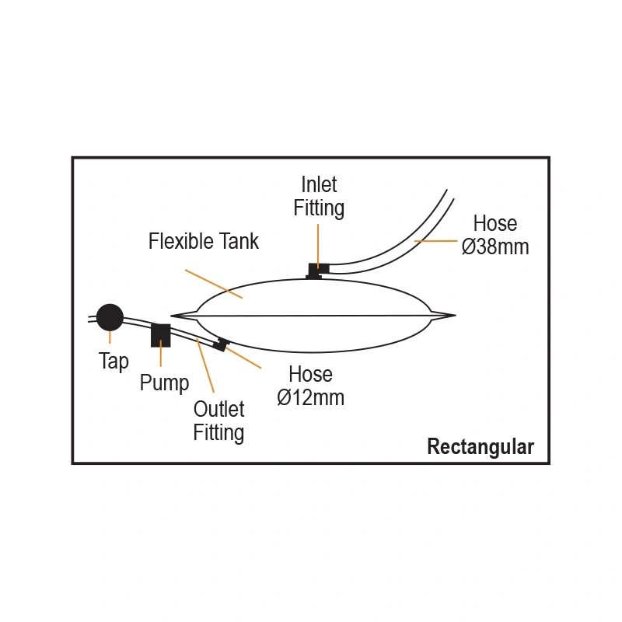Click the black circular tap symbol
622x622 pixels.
(110, 316)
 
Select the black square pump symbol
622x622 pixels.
(160, 334)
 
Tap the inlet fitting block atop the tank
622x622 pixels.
(316, 270)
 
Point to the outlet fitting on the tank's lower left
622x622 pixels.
(222, 344)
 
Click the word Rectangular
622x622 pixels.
(480, 447)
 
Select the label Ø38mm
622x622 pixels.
(495, 246)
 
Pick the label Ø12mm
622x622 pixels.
(310, 397)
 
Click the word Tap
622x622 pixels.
(114, 362)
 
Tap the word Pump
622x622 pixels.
(164, 383)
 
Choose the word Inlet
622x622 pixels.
(319, 185)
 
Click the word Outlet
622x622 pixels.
(218, 409)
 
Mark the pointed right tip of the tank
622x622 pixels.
(453, 315)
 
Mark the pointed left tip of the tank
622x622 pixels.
(173, 315)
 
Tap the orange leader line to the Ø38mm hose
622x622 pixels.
(435, 242)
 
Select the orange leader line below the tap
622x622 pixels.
(110, 337)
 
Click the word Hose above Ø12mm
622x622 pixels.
(310, 375)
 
